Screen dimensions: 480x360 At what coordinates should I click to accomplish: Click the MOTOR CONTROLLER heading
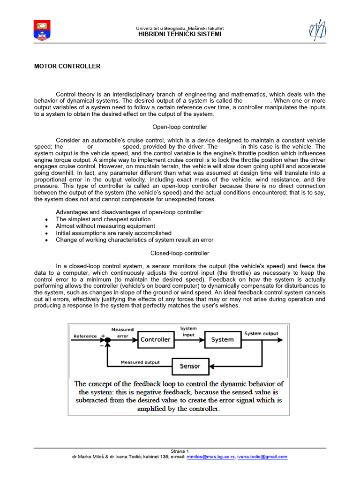pos(67,67)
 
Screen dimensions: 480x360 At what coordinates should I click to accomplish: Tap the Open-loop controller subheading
pos(180,127)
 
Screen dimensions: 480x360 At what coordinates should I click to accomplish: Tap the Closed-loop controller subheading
pos(180,253)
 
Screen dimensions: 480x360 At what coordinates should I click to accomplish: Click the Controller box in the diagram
pos(155,339)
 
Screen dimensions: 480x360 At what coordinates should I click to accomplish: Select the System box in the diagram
pos(222,339)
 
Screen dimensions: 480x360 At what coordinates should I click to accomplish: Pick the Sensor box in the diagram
pos(189,366)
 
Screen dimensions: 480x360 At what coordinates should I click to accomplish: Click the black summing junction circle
pos(108,339)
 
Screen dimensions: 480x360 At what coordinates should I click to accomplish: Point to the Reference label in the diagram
pos(85,336)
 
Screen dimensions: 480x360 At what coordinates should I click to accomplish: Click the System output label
pos(261,333)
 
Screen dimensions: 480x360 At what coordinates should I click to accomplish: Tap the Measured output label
pos(140,362)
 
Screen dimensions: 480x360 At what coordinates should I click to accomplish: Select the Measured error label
pos(122,332)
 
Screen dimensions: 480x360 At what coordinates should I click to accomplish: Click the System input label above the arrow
pos(188,331)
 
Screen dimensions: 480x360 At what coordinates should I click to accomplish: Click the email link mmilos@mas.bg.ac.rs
pos(210,457)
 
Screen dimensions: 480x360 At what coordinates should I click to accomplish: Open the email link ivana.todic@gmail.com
pos(262,457)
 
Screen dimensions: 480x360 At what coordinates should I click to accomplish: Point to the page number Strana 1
pos(180,451)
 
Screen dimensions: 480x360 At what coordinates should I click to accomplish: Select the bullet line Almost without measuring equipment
pos(105,226)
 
